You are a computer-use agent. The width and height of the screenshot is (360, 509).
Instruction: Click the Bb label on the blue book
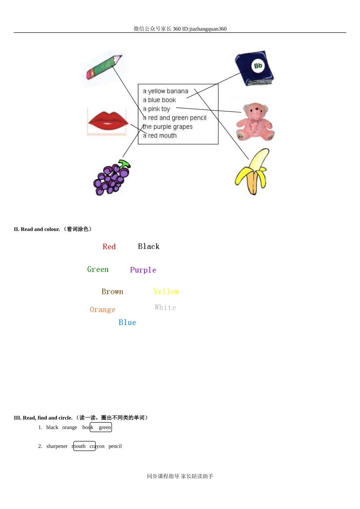258,66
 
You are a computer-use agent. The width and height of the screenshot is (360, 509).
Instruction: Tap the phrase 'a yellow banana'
165,91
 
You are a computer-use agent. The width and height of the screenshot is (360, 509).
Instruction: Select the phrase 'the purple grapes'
167,127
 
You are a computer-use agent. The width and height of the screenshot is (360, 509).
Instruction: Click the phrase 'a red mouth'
160,136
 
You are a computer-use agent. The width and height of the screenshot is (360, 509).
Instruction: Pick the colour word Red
109,247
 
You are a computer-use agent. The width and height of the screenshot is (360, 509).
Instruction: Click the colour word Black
149,247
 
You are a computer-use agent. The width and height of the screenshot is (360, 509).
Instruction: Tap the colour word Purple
143,270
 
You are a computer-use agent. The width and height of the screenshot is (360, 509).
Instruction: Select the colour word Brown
112,292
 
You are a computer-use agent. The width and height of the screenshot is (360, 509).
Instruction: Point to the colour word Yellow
166,292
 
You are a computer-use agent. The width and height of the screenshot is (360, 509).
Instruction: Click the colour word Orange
102,310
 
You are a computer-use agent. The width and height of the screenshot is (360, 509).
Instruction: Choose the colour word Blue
127,322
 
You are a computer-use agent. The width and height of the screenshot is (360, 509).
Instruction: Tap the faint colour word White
165,308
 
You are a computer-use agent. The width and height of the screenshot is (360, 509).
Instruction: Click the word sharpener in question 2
57,446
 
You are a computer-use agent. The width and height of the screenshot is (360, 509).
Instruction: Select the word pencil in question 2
115,446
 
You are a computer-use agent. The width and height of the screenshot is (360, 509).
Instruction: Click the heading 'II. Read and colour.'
37,229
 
